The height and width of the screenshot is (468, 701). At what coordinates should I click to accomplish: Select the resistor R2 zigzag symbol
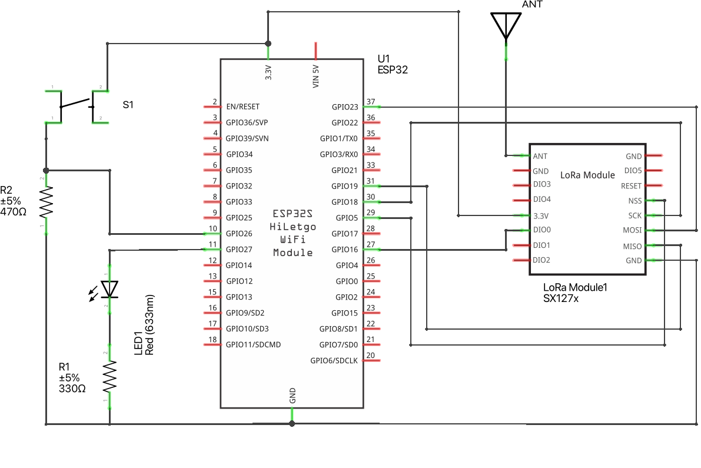pos(46,201)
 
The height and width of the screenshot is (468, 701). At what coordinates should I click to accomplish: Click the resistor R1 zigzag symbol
pos(109,377)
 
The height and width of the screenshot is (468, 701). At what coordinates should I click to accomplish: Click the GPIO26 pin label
pos(239,234)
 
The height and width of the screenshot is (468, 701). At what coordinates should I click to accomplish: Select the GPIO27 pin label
pos(239,250)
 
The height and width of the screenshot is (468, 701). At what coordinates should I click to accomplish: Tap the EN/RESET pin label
pos(242,107)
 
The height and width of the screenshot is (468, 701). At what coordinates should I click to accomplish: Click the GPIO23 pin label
pos(344,107)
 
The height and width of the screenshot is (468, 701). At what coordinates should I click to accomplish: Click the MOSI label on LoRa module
pos(632,230)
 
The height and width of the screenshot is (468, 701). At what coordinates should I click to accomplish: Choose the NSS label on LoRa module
pos(634,200)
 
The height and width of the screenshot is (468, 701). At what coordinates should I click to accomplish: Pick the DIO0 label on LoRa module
pos(541,230)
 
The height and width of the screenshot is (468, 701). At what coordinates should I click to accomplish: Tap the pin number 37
pos(371,102)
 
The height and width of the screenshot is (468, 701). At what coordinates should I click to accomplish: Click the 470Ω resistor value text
pos(13,211)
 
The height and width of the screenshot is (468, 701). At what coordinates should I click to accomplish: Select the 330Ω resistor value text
pos(72,389)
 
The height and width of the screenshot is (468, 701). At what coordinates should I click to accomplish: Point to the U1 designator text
pos(384,59)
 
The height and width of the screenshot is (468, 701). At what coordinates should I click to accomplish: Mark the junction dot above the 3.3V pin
pos(268,44)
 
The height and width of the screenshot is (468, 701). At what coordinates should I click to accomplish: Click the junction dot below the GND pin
pos(292,423)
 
